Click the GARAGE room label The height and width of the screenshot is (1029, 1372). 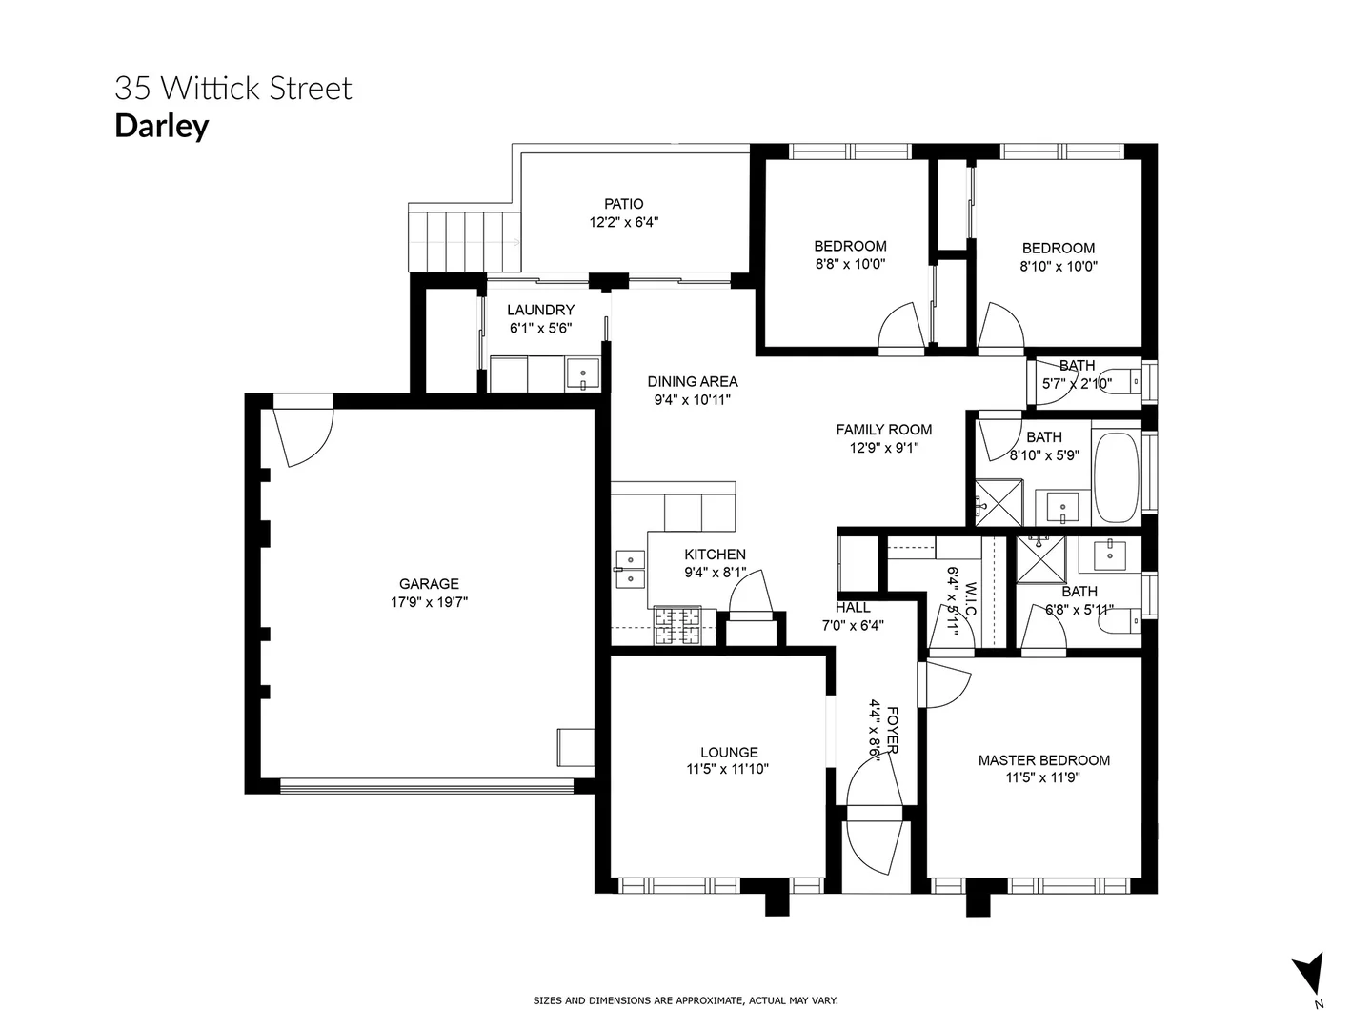click(429, 584)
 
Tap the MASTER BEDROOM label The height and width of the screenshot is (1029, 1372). click(1043, 760)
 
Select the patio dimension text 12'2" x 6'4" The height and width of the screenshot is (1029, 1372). click(623, 222)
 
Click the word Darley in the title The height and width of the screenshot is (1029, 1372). click(161, 126)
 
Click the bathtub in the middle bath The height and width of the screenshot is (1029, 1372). click(1116, 478)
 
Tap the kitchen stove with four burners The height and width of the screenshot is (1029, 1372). click(676, 627)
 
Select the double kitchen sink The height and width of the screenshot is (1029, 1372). click(630, 569)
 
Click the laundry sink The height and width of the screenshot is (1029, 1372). click(582, 374)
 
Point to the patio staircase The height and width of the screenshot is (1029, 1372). click(464, 240)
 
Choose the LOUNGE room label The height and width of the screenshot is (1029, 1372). click(729, 752)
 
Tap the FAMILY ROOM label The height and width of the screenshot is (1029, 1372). click(883, 430)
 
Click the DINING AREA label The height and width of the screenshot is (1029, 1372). click(693, 381)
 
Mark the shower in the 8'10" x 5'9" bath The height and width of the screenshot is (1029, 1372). click(997, 501)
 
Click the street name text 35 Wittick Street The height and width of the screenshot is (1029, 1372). click(233, 89)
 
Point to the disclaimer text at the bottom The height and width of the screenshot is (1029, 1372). click(685, 1000)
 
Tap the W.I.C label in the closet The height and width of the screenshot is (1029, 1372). click(971, 598)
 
